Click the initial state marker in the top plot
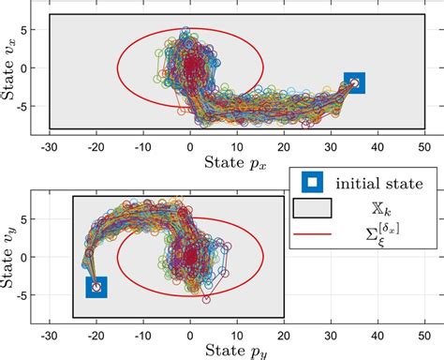tap(354, 82)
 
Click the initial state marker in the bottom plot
tap(96, 287)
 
